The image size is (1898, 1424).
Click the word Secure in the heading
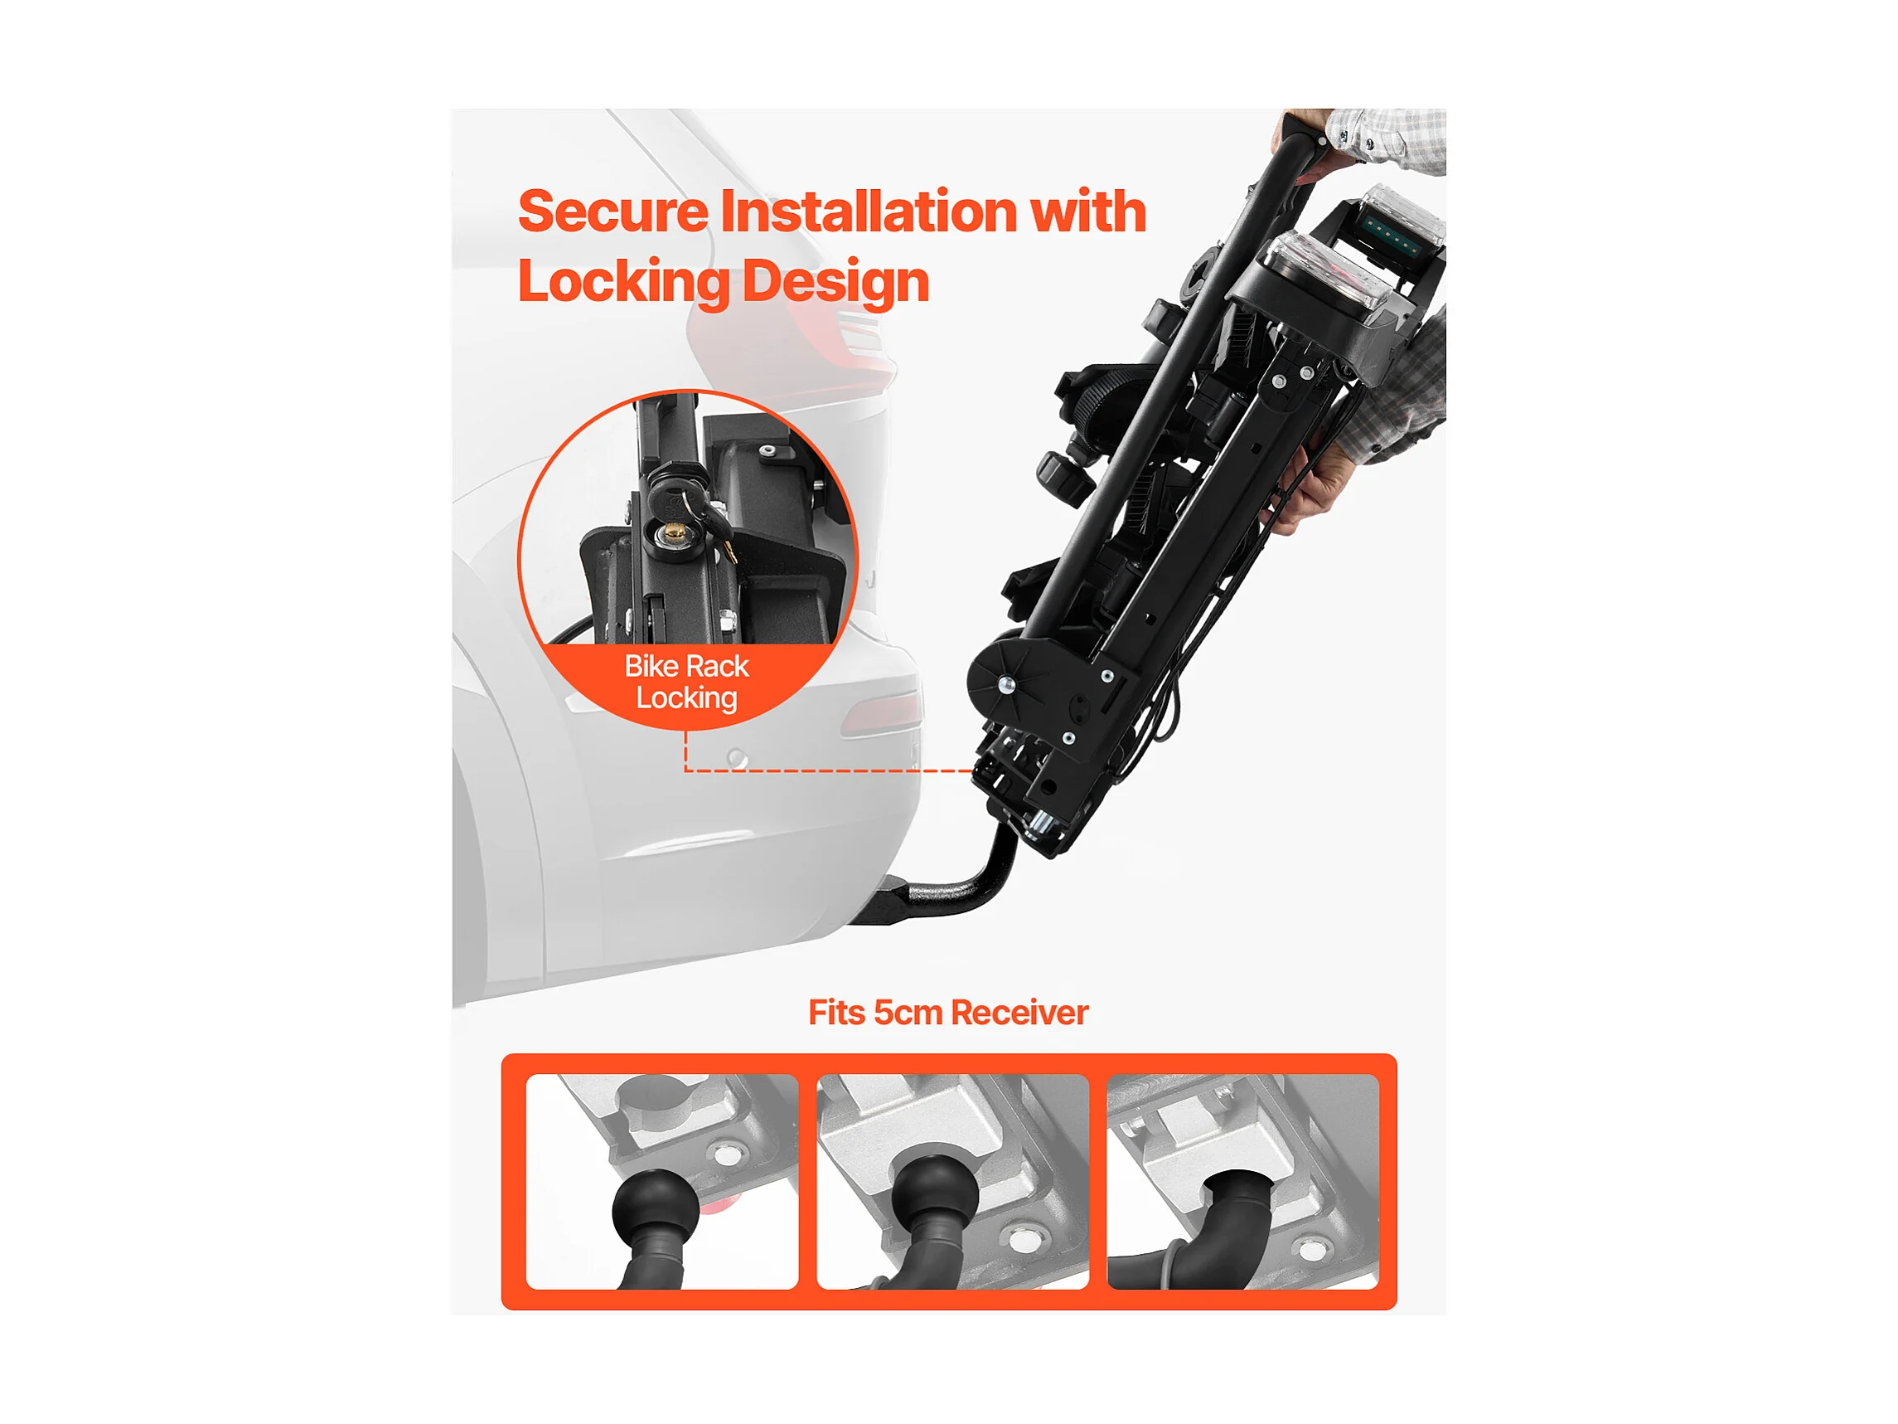[x=612, y=211]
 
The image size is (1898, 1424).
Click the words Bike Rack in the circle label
[x=686, y=666]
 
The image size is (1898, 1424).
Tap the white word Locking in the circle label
[x=686, y=698]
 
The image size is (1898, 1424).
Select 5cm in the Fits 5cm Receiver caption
[x=908, y=1013]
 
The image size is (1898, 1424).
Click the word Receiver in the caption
[x=1020, y=1013]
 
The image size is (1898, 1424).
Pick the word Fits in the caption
[x=836, y=1013]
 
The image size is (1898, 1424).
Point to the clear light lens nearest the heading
[x=1328, y=271]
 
